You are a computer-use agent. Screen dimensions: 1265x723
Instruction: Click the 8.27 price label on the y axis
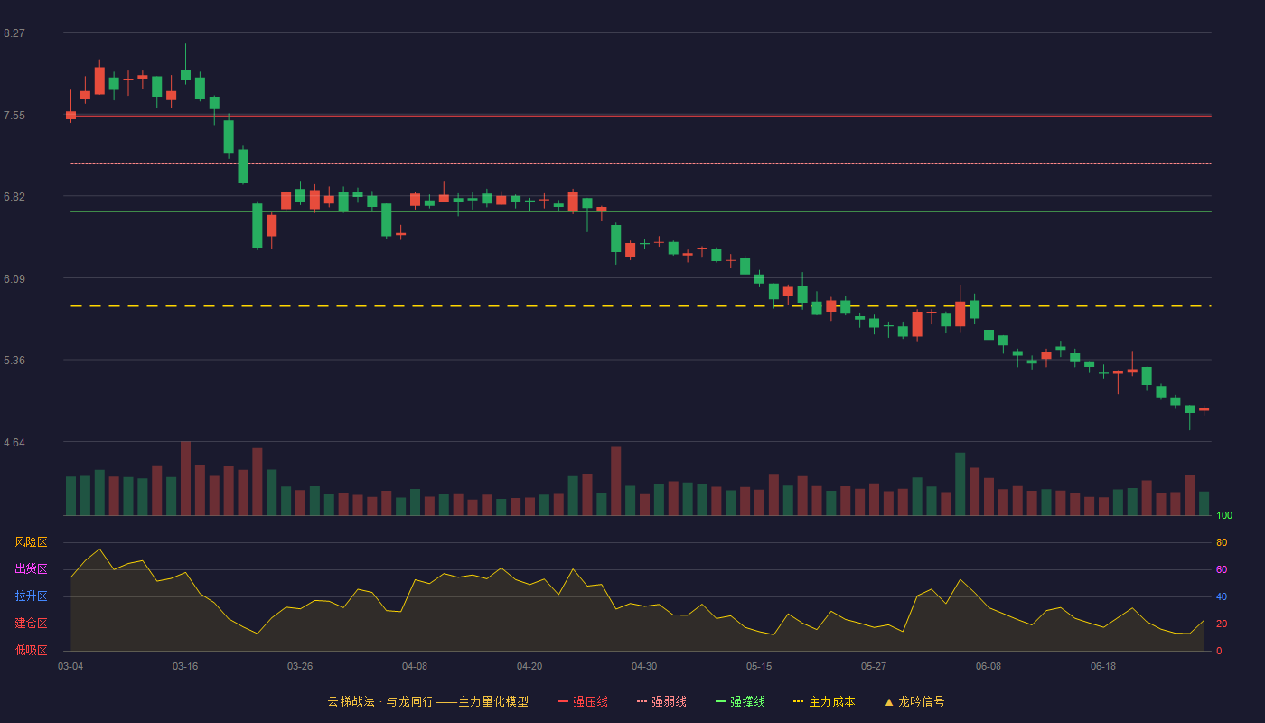14,33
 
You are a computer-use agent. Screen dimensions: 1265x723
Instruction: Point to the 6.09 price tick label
14,279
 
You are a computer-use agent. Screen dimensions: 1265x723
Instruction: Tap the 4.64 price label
14,443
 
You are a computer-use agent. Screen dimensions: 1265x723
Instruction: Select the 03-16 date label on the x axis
185,667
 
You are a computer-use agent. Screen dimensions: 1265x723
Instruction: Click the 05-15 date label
759,667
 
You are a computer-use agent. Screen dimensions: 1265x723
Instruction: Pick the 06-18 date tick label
1103,667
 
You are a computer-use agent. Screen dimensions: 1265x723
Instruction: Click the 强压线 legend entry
583,701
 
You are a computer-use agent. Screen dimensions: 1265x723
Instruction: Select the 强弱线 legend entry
661,701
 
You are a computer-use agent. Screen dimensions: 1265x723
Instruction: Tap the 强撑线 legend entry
740,701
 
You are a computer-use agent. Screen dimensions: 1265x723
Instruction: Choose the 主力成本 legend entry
824,701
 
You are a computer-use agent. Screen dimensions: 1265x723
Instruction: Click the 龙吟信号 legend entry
914,701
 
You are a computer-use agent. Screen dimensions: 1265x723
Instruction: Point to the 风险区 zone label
31,542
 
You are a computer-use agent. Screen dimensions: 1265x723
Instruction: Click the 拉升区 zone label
31,596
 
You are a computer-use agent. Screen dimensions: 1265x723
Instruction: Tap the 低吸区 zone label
31,651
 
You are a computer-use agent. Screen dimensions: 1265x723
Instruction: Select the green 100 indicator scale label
1224,516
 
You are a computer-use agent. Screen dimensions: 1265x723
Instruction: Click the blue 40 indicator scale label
1222,597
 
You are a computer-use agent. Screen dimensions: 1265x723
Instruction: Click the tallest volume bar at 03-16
185,478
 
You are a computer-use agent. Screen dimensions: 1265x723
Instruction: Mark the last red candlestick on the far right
1204,408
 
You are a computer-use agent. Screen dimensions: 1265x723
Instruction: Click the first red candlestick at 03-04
70,116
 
